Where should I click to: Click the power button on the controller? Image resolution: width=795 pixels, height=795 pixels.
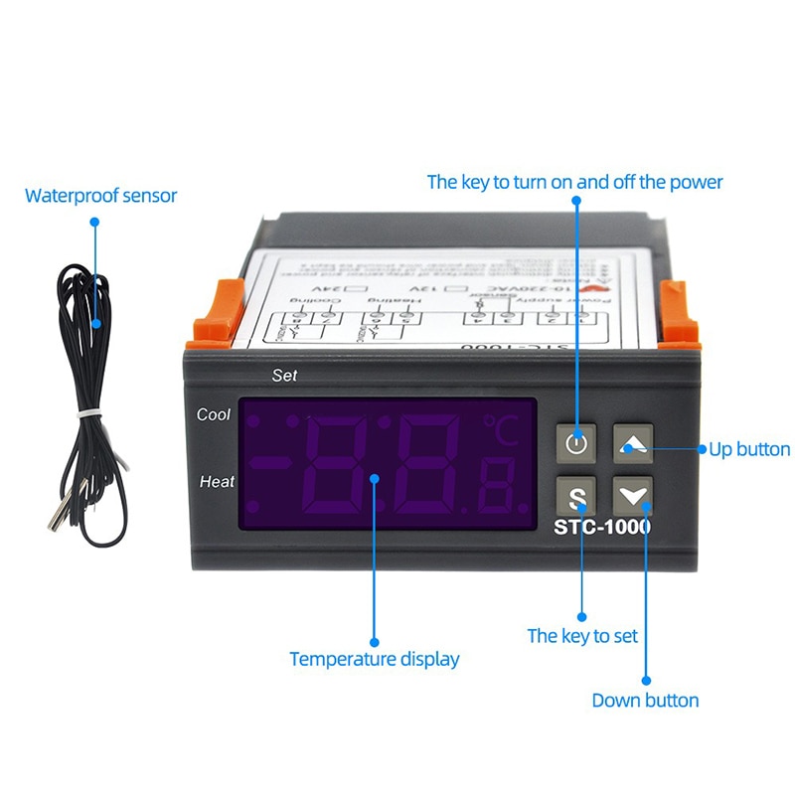click(x=577, y=443)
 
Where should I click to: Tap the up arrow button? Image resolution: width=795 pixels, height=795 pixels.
click(x=633, y=443)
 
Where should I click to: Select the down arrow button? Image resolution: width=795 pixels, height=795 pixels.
click(x=633, y=494)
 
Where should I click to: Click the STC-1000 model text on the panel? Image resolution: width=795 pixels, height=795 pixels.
click(x=602, y=527)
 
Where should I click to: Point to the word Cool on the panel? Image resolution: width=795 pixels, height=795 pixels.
click(x=214, y=414)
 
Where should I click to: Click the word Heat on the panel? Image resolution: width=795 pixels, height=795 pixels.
click(x=217, y=482)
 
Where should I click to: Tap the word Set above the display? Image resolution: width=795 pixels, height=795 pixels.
click(x=284, y=376)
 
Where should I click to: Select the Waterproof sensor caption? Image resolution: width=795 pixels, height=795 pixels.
click(x=100, y=196)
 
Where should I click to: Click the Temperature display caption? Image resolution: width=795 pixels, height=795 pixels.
click(x=375, y=659)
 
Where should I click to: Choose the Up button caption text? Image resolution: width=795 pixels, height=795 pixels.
click(x=749, y=449)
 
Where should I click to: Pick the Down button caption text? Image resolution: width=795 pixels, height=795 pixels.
click(x=645, y=701)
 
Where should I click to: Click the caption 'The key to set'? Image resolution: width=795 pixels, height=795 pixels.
click(x=582, y=636)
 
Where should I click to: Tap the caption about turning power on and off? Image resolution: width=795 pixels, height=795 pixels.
click(x=574, y=182)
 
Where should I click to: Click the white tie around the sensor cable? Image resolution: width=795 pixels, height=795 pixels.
click(x=91, y=410)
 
